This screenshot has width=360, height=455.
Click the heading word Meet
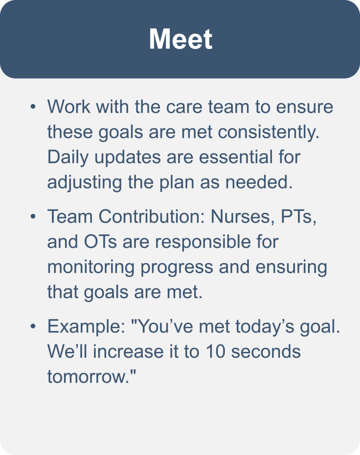(180, 39)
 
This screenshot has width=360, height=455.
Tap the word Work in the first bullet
(69, 107)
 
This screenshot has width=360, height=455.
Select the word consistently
(268, 132)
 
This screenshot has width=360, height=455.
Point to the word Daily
(68, 157)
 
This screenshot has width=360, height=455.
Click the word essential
(236, 157)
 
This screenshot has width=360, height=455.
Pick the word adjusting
(84, 183)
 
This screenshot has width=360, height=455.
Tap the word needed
(259, 182)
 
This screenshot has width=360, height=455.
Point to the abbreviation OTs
(100, 242)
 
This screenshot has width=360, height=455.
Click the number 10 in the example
(216, 351)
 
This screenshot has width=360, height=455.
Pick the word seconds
(266, 351)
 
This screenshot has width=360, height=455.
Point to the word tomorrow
(88, 377)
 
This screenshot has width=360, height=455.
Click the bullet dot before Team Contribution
(33, 216)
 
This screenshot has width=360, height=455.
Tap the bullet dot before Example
(33, 326)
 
